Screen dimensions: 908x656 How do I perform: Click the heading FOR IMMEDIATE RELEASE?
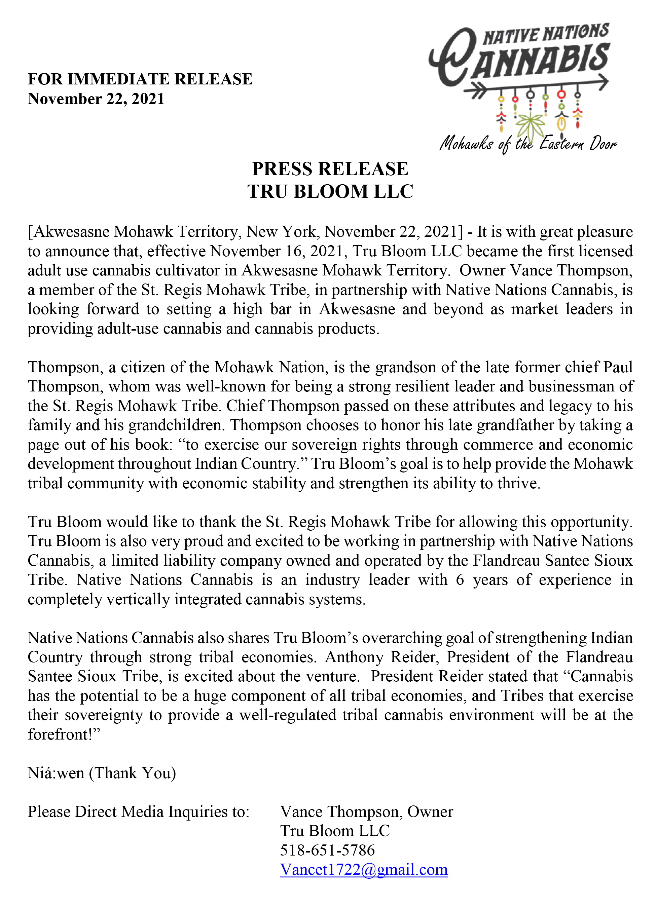(140, 79)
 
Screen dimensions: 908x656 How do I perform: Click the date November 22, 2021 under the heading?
(96, 99)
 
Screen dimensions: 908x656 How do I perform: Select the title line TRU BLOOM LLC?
(330, 191)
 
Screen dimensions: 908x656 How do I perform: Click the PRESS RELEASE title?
(330, 169)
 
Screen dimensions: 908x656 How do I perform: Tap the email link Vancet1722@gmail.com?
(364, 869)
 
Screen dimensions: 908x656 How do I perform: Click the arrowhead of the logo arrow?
(603, 82)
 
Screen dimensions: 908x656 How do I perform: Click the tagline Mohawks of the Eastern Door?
(528, 143)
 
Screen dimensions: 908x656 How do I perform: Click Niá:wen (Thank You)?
(102, 773)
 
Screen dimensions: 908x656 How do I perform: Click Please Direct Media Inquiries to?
(138, 811)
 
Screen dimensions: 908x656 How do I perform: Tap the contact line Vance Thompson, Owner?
(366, 811)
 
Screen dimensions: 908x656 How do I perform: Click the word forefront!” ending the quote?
(63, 734)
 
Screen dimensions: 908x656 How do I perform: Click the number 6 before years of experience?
(460, 580)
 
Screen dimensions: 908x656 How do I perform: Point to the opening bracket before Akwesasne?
(30, 232)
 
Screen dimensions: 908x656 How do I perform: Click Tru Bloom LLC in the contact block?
(335, 831)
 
